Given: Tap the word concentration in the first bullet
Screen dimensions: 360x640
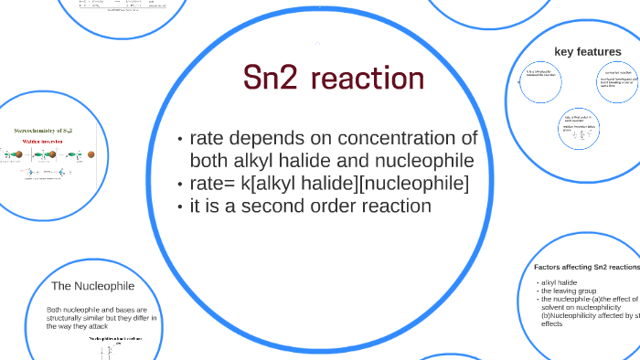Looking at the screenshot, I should (x=408, y=139).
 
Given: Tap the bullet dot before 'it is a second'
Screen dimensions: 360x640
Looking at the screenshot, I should (x=180, y=206).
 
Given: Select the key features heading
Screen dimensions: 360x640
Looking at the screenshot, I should (x=586, y=50).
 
